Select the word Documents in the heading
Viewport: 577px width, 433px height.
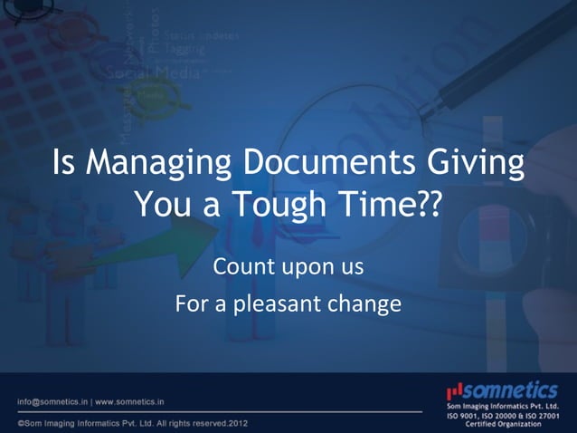pos(319,167)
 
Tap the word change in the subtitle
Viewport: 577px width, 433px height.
pos(366,303)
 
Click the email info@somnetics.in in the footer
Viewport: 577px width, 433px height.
pos(52,400)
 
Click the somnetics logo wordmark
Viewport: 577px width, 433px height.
pos(511,390)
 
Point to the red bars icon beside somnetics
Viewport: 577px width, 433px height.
pos(455,390)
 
